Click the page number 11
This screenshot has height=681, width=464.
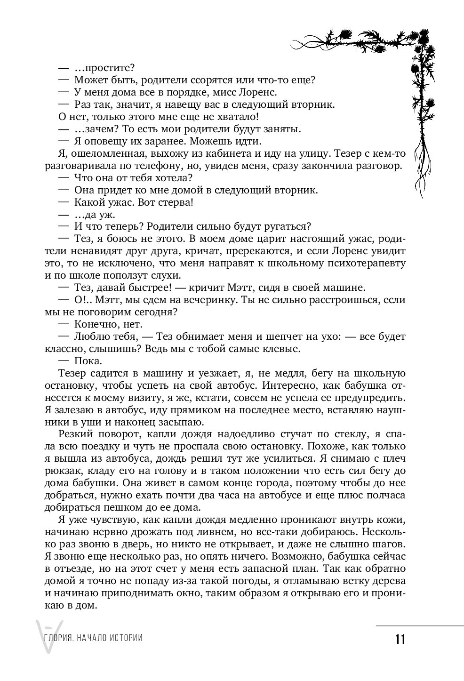tap(400, 640)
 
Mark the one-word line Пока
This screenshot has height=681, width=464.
tap(88, 361)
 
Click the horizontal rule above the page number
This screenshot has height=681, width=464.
tap(420, 625)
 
